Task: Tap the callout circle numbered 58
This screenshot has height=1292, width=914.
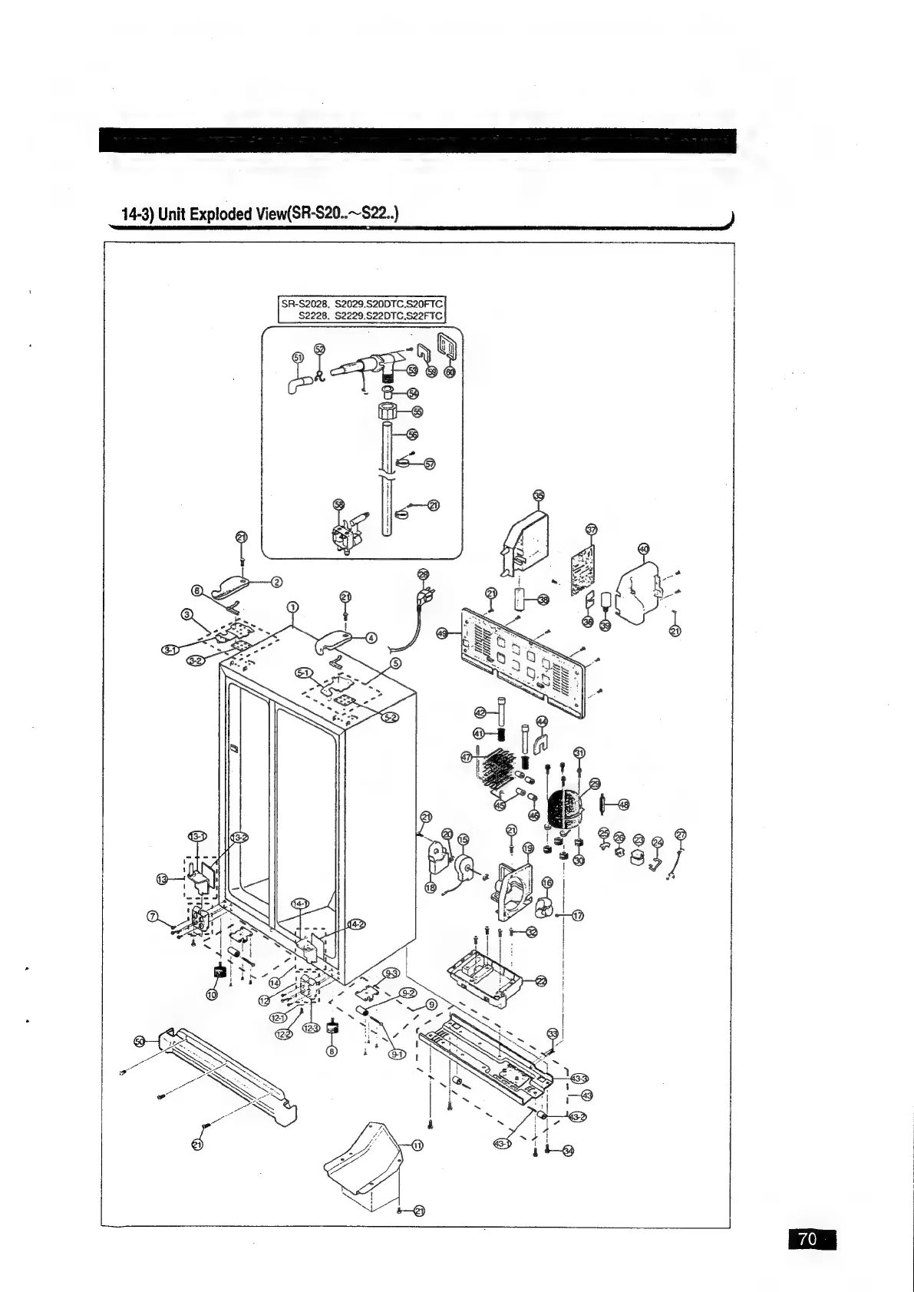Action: (x=338, y=504)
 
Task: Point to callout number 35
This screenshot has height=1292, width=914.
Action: (x=539, y=496)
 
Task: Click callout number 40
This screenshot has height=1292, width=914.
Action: (x=643, y=548)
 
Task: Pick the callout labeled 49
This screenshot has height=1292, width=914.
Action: (x=442, y=633)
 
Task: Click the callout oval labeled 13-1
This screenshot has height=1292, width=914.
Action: (x=196, y=836)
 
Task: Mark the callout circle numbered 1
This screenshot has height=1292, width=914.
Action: (x=292, y=608)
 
